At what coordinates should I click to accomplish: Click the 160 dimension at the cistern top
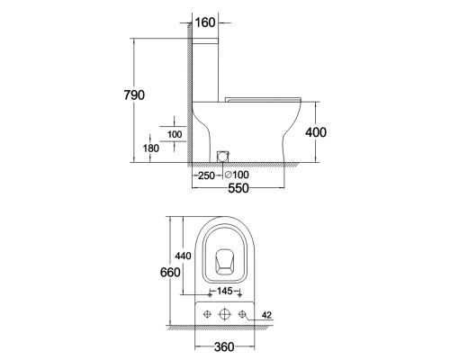205,22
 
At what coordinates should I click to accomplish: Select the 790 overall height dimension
134,95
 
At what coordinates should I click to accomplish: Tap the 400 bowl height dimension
316,132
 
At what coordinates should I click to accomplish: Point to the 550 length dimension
238,188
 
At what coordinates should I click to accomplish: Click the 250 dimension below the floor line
206,175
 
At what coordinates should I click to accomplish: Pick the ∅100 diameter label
237,175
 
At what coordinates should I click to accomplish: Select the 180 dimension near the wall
151,148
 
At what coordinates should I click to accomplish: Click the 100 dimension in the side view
175,134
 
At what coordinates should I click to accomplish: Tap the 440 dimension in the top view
183,256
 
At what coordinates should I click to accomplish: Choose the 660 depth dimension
170,272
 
